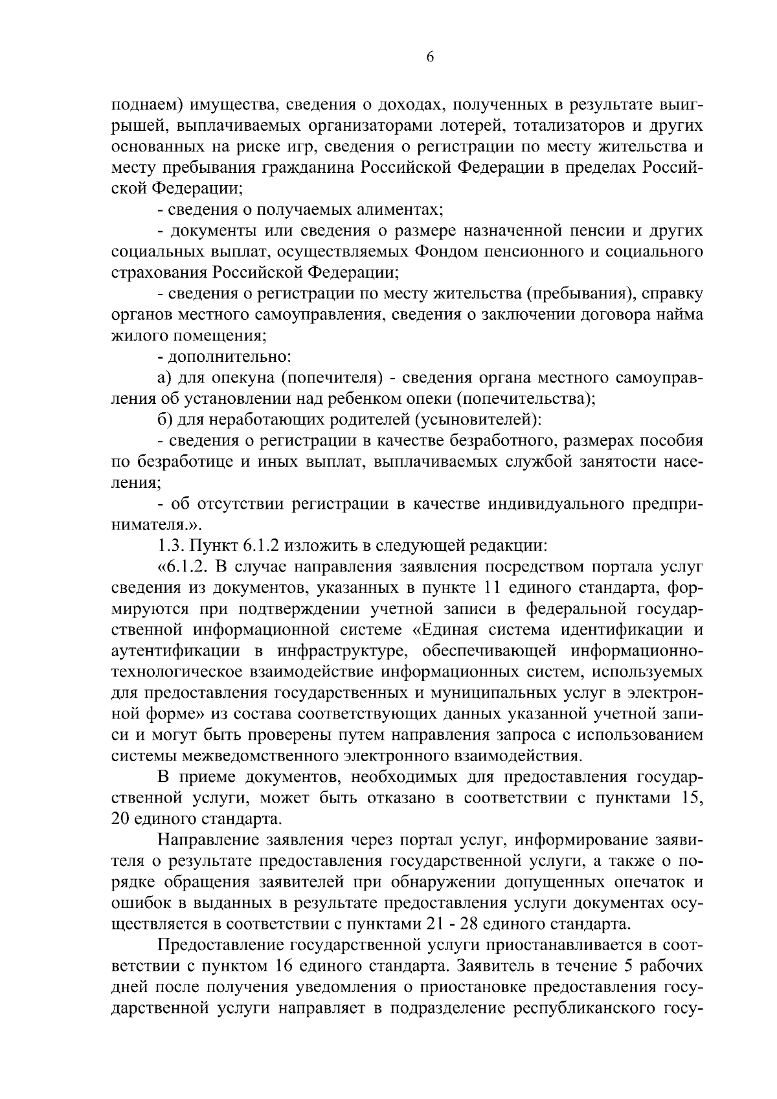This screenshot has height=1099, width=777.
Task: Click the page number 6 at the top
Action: [x=430, y=58]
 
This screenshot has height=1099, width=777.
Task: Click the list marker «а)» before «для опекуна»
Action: [x=164, y=378]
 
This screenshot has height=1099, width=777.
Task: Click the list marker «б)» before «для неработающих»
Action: [x=164, y=420]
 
